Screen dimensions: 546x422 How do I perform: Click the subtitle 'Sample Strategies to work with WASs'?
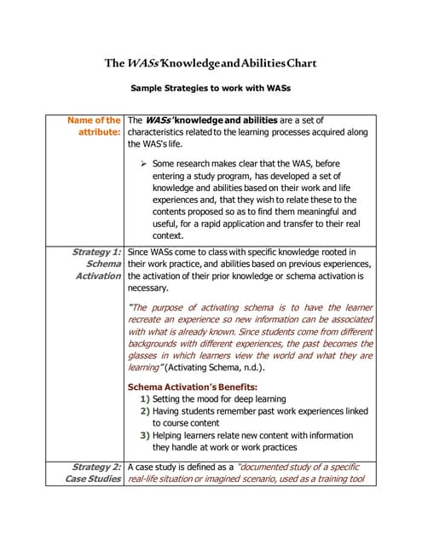211,88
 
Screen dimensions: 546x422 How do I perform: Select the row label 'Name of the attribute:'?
94,126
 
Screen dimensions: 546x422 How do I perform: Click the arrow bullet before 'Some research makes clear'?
145,163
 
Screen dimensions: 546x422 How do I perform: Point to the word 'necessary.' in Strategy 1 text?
147,288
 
